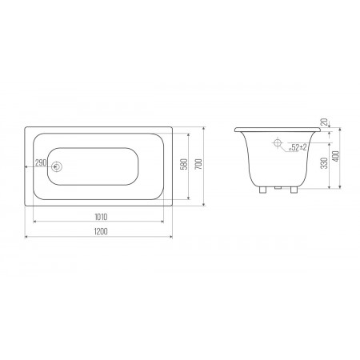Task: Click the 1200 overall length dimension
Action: pos(101,231)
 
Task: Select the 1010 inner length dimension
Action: pos(101,217)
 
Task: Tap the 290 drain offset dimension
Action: pos(41,162)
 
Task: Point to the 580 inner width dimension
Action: pos(184,165)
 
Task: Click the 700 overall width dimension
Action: pos(199,164)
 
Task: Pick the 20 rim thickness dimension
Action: pos(324,122)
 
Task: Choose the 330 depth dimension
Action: pos(324,163)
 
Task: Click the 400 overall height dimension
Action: pos(336,156)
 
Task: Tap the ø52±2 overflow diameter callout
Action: pos(298,147)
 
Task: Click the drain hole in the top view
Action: pos(57,166)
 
